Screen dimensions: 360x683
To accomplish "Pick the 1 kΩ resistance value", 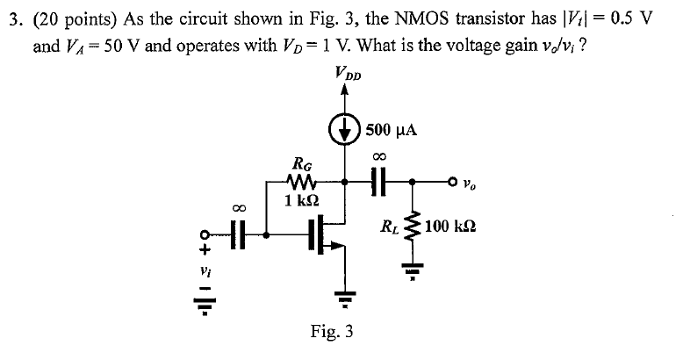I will (x=301, y=200).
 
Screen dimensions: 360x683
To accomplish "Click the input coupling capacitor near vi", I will (x=239, y=234).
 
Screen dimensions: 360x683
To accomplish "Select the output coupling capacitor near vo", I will (x=380, y=183).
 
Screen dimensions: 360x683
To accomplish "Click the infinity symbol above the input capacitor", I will (x=239, y=208).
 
